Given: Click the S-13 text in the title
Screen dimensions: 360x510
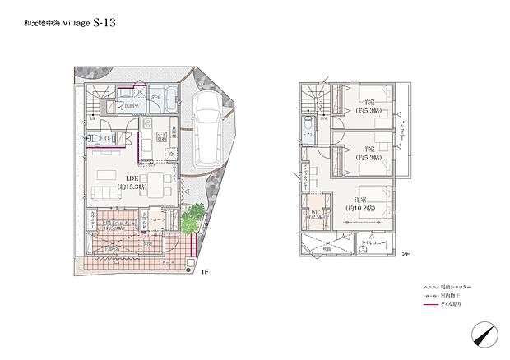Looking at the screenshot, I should click(93, 23).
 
